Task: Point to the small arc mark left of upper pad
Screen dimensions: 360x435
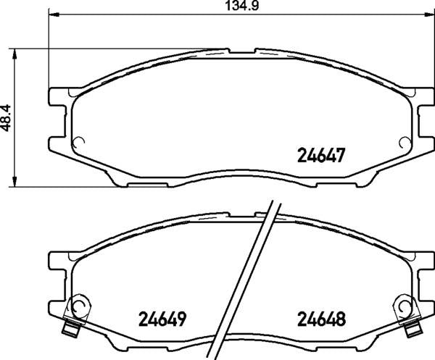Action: (81, 142)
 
